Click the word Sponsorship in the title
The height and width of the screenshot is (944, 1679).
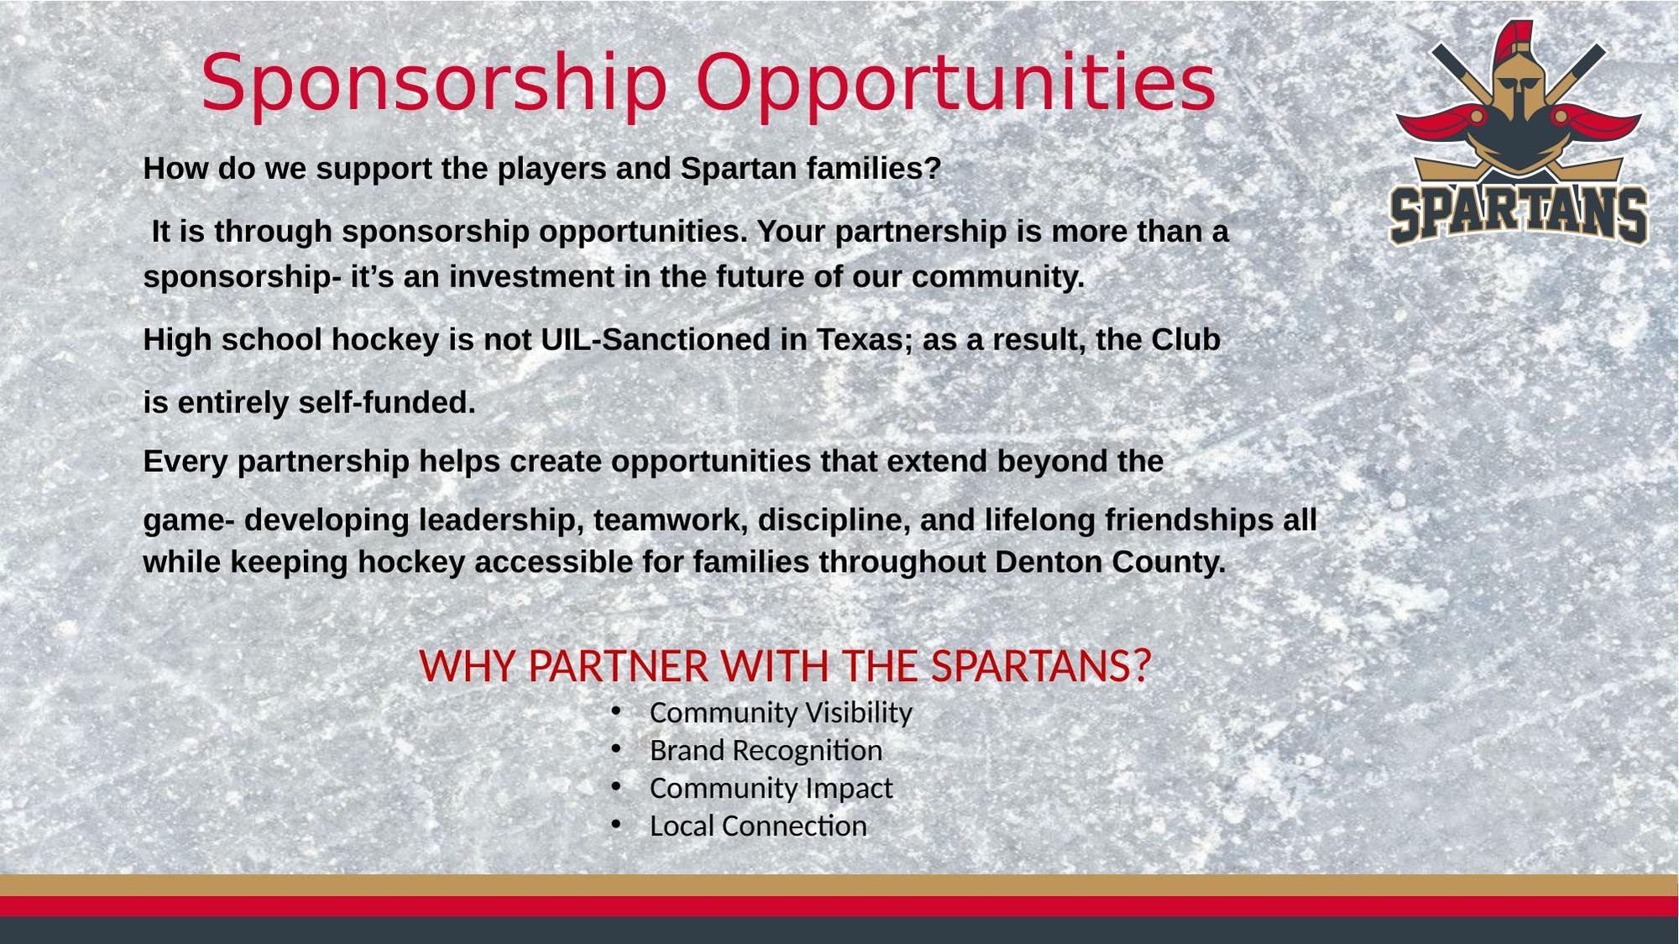point(434,84)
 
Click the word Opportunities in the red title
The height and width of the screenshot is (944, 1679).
point(956,84)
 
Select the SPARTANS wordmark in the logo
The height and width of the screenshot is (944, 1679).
point(1519,214)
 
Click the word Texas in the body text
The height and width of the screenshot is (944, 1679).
point(865,339)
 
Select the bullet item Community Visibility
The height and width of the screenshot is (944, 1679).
point(781,712)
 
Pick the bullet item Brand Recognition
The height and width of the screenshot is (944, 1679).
point(766,750)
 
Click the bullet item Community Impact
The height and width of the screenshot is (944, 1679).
point(772,788)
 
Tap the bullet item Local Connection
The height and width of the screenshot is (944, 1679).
point(758,826)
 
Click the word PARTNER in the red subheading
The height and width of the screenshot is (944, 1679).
point(618,666)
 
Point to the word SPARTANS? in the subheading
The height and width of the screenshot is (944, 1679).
point(1041,666)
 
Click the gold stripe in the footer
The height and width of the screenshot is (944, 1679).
point(839,885)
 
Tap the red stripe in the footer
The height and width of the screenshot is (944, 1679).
point(839,906)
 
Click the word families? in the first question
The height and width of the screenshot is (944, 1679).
point(874,168)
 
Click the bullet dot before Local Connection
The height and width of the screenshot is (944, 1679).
point(616,826)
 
